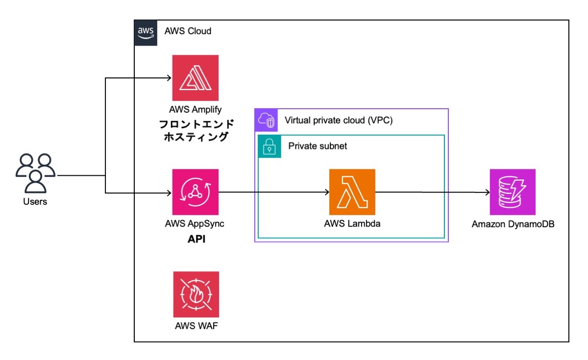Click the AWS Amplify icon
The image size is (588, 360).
tap(195, 78)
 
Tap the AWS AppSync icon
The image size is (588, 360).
tap(195, 192)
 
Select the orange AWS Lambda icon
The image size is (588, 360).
tap(352, 192)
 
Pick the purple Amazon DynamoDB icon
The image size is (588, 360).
tap(513, 192)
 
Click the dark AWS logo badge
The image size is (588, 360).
tap(146, 32)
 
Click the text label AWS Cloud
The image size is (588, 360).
tap(188, 31)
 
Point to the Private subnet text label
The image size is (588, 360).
tap(318, 146)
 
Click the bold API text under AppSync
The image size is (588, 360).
tap(195, 240)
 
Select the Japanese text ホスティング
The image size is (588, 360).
tap(195, 137)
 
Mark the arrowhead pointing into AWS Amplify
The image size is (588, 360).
tap(168, 78)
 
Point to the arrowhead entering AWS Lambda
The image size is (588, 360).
tap(326, 192)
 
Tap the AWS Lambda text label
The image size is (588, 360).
tap(352, 224)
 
